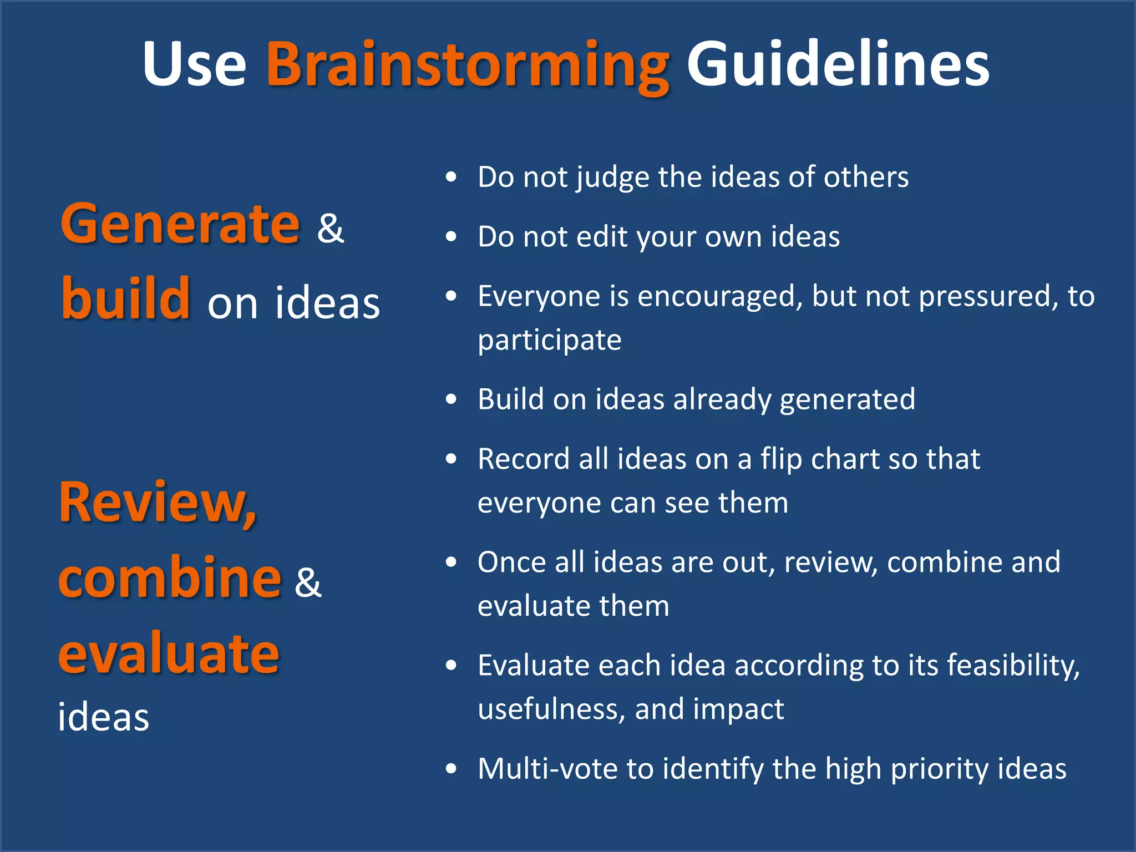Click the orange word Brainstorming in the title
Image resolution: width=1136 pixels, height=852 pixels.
[468, 65]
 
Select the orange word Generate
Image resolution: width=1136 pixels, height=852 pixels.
[180, 225]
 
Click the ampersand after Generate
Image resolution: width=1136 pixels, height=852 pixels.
[331, 228]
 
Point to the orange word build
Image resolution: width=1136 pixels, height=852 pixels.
[126, 299]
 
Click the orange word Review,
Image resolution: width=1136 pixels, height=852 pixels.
[158, 503]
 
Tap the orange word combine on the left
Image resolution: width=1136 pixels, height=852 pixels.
[170, 578]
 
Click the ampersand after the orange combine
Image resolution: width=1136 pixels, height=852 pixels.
[308, 582]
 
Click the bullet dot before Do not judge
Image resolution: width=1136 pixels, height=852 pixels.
[452, 177]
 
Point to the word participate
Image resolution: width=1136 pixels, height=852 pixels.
[549, 341]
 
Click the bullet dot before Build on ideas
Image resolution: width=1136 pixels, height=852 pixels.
[452, 399]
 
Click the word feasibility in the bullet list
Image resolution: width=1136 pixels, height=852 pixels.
[1013, 666]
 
